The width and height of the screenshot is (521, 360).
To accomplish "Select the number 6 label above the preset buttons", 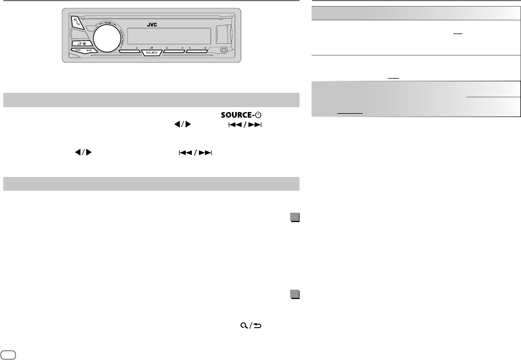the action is coord(205,49).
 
